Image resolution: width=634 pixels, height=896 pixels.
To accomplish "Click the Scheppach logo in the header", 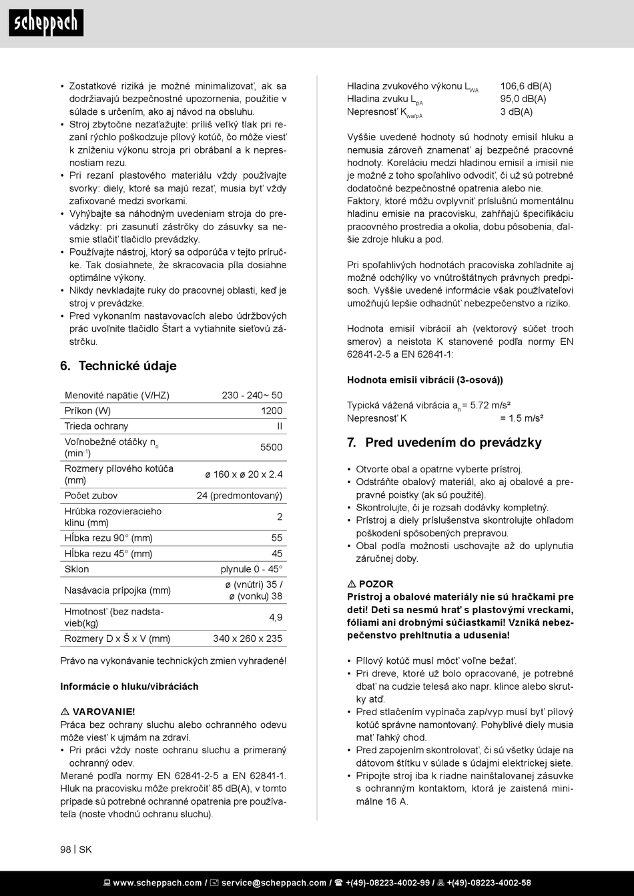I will click(x=45, y=23).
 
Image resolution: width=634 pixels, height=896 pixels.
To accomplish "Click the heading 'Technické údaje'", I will click(x=127, y=366).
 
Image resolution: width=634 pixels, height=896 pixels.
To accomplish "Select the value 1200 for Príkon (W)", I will click(x=272, y=411).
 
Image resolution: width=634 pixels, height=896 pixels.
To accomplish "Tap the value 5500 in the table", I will click(x=271, y=448).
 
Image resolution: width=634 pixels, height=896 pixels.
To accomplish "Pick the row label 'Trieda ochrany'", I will click(x=96, y=426).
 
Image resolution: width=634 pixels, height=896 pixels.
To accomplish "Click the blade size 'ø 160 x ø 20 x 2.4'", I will click(x=244, y=474).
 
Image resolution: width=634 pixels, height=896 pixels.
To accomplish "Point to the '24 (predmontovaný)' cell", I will click(x=240, y=496).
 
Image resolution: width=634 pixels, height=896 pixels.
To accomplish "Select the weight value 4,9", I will click(x=276, y=618).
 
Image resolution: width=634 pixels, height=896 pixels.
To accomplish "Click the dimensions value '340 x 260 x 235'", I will click(x=248, y=639).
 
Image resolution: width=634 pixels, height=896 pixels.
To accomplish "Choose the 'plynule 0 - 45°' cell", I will click(x=252, y=570).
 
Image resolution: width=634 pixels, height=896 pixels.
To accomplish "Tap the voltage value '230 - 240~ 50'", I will click(x=252, y=396).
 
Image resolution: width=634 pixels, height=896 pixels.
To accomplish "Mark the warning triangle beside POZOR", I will click(x=352, y=584).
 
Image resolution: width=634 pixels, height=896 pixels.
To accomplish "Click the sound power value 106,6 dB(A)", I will click(x=526, y=86).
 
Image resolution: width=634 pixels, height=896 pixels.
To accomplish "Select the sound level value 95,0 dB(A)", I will click(x=523, y=99).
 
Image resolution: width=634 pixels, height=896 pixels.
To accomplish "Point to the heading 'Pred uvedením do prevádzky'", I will click(x=453, y=443).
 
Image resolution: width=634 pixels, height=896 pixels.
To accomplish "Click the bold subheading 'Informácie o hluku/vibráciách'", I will click(x=129, y=687).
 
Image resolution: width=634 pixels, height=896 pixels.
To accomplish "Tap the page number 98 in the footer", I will click(x=65, y=849).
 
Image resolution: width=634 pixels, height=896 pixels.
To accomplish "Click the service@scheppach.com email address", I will click(x=274, y=883).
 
